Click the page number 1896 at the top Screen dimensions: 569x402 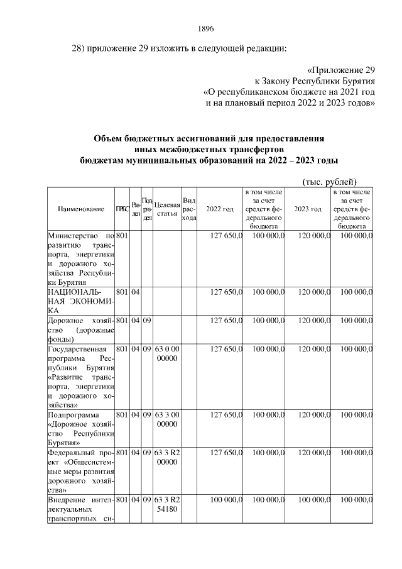(x=206, y=28)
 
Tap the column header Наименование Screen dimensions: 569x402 (x=80, y=209)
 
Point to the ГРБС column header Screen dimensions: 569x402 (x=122, y=209)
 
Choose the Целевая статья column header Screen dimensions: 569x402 (x=167, y=209)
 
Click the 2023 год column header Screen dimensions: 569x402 (x=308, y=209)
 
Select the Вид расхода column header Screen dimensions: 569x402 (x=189, y=209)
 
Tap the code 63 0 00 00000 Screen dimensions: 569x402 (x=167, y=353)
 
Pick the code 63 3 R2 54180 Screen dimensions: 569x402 (x=167, y=504)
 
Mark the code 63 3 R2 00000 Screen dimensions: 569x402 (x=167, y=457)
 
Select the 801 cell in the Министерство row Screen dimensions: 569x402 (x=122, y=235)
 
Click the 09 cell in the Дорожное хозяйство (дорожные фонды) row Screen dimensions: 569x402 (x=146, y=321)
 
